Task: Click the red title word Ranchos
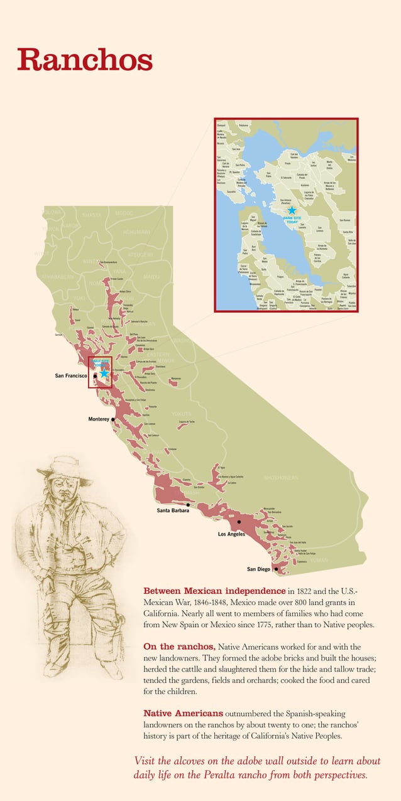click(x=85, y=60)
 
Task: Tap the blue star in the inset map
click(x=292, y=210)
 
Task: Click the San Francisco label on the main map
click(x=70, y=375)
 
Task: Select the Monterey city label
click(x=99, y=418)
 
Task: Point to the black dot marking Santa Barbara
click(x=188, y=504)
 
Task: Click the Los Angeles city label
click(x=231, y=534)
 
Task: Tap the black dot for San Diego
click(x=276, y=569)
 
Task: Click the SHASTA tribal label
click(x=96, y=215)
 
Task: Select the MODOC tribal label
click(x=124, y=213)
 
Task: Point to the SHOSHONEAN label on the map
click(x=281, y=478)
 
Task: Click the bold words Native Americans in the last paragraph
click(x=183, y=714)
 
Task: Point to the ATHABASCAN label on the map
click(x=57, y=277)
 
